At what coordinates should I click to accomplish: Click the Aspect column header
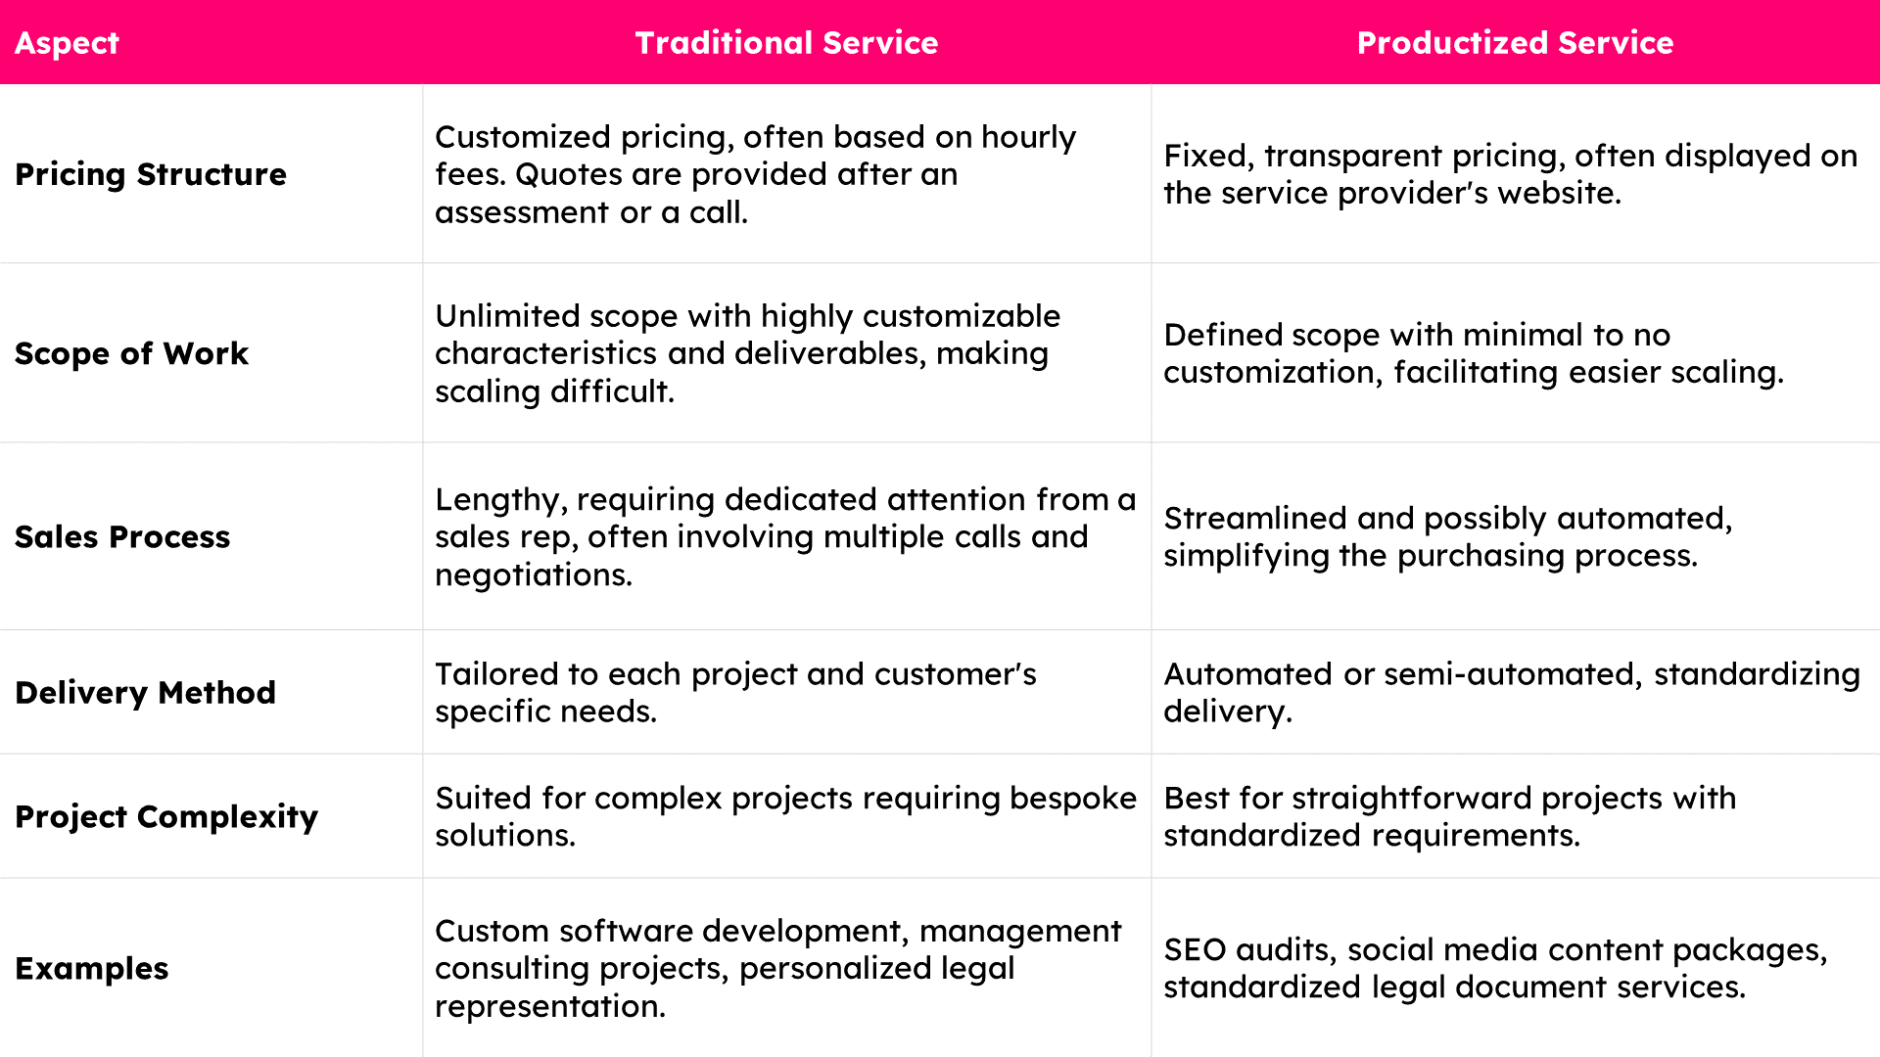click(x=67, y=43)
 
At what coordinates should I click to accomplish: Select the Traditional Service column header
click(x=786, y=43)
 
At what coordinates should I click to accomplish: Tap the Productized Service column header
click(x=1515, y=43)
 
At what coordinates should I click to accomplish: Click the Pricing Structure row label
click(x=151, y=174)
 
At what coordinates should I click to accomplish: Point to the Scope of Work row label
click(x=131, y=353)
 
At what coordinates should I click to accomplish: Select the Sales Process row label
click(x=122, y=536)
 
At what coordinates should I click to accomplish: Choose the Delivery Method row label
click(x=145, y=693)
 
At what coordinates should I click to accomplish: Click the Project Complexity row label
click(x=166, y=817)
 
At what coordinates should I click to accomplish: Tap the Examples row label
click(x=92, y=969)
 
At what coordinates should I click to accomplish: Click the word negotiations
click(x=534, y=575)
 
